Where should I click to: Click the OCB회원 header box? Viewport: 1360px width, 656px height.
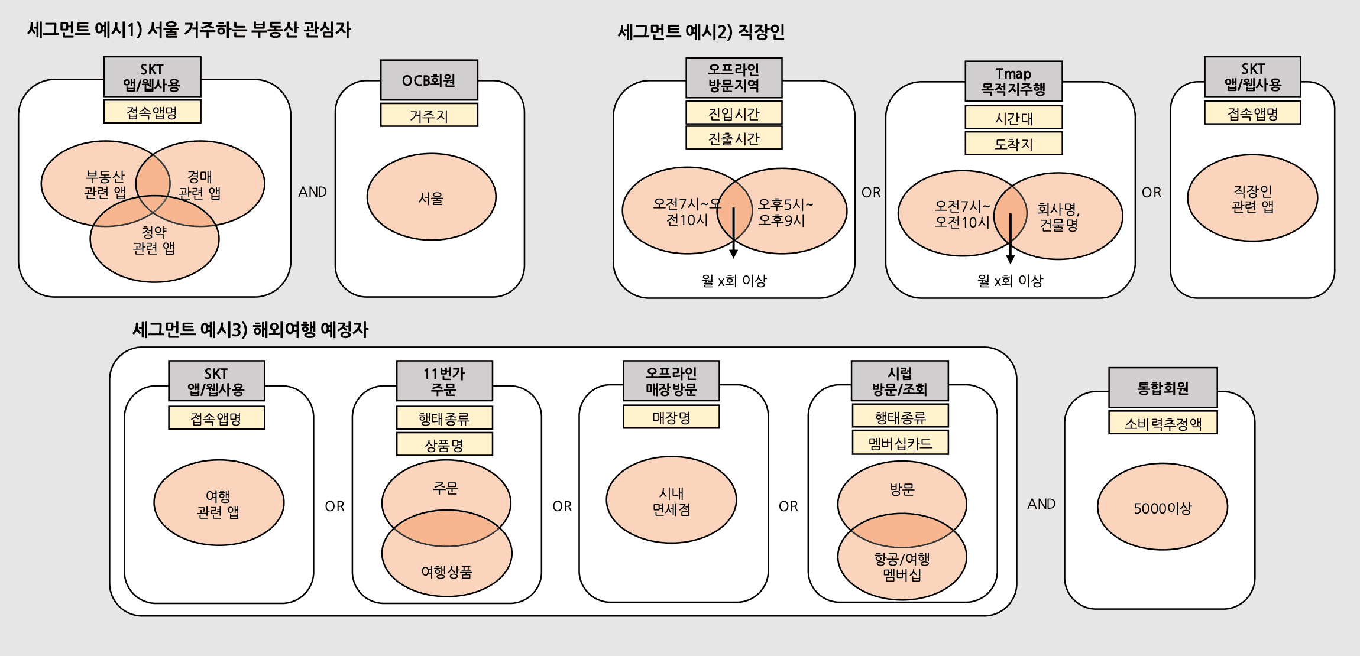tap(429, 80)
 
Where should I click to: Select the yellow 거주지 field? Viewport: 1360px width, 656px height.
tap(429, 115)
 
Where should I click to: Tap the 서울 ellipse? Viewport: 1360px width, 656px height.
tap(431, 197)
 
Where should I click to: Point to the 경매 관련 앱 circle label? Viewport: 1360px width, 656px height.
tap(200, 184)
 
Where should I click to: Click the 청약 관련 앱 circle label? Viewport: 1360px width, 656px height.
tap(154, 240)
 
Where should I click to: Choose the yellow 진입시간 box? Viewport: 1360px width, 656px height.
tap(733, 113)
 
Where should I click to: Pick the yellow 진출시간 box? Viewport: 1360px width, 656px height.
tap(733, 138)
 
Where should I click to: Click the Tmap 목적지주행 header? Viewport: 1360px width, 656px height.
tap(1013, 82)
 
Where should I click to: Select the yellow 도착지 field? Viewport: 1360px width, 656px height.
tap(1013, 144)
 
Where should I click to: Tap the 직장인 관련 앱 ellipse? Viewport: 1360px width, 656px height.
tap(1252, 199)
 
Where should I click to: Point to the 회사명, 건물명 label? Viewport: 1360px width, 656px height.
tap(1058, 217)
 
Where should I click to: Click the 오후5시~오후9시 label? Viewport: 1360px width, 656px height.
tap(785, 212)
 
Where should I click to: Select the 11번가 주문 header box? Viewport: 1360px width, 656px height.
tap(444, 381)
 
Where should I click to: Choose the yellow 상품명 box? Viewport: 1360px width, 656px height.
tap(444, 444)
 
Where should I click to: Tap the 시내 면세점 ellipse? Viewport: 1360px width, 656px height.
tap(671, 501)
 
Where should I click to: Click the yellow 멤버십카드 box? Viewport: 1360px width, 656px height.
tap(899, 443)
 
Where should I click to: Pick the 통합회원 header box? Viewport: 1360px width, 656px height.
tap(1163, 388)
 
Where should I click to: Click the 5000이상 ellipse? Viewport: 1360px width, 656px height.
tap(1162, 507)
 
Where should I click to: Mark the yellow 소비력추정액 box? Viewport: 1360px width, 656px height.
tap(1163, 423)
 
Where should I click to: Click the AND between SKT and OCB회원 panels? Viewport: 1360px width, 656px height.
tap(312, 191)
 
